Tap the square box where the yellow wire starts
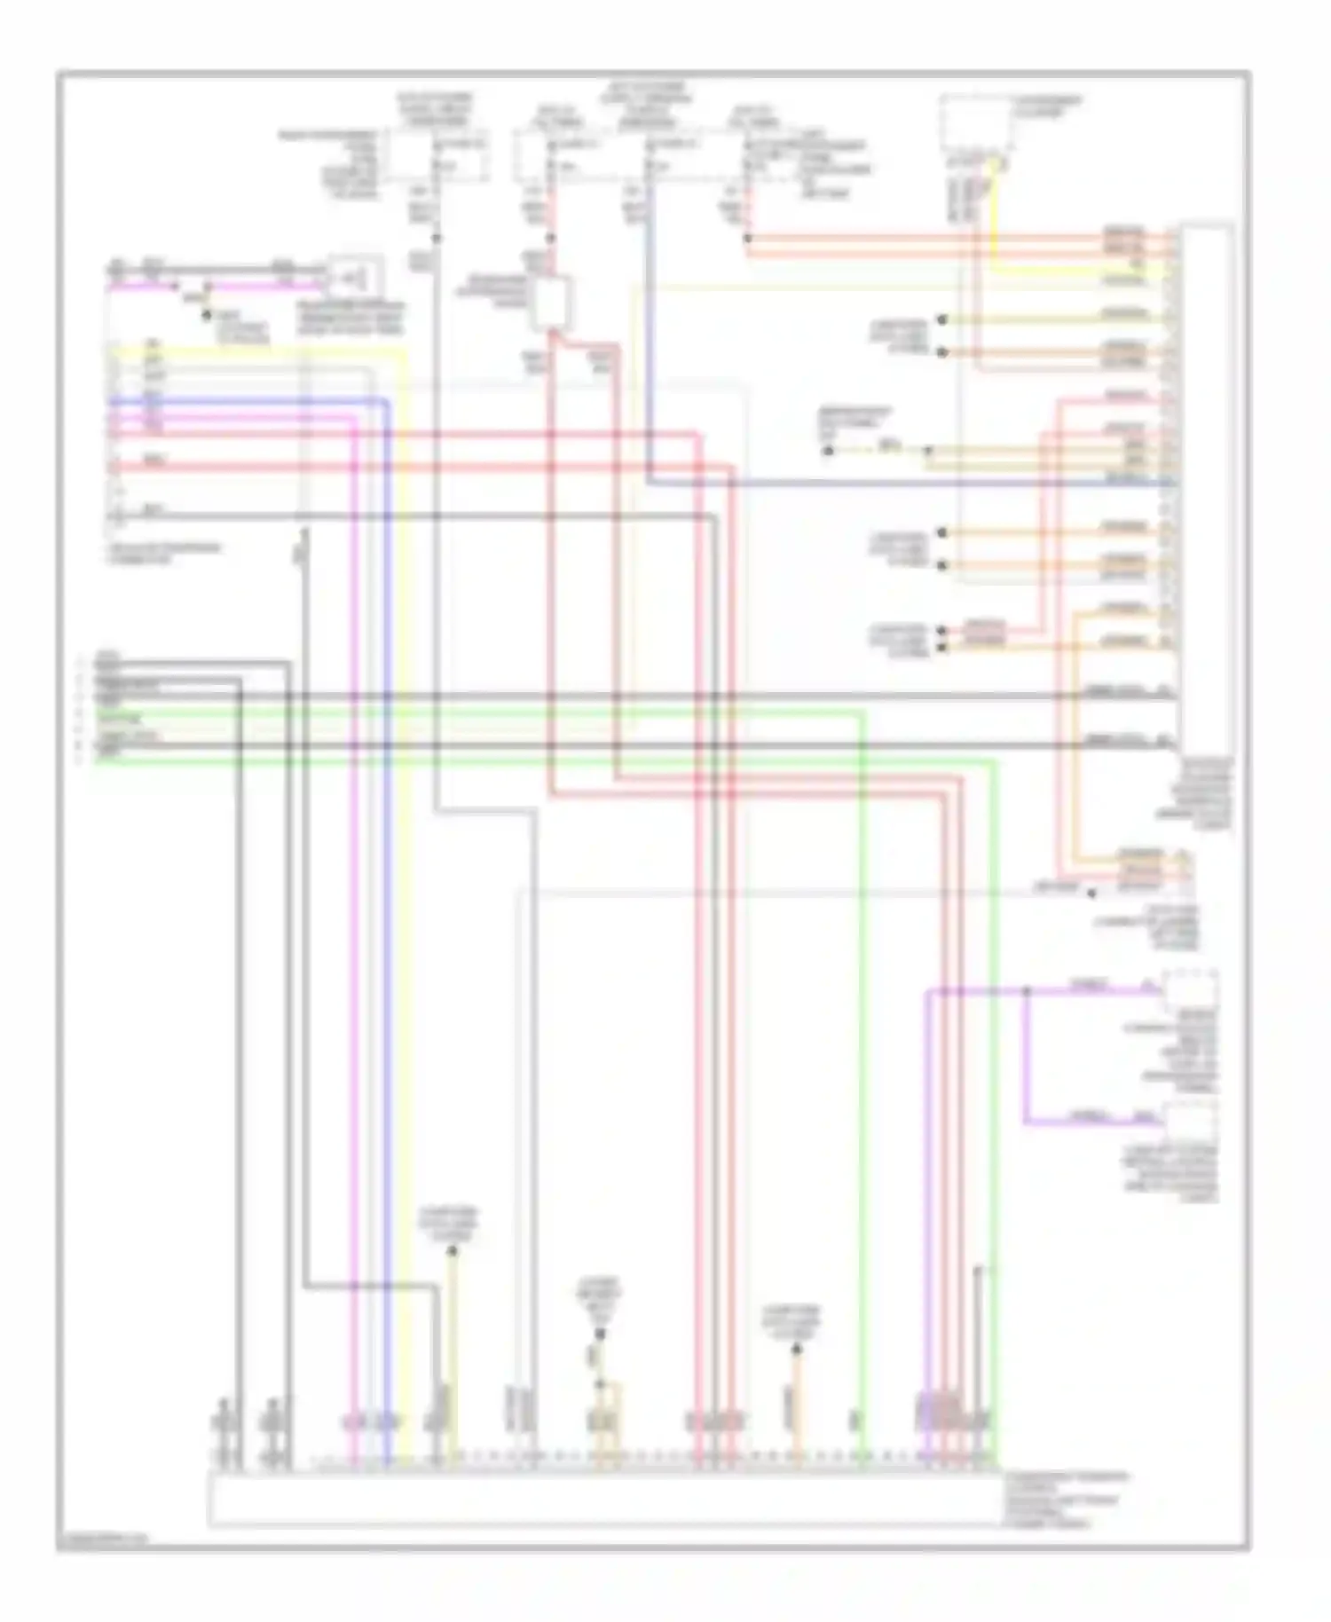pos(976,123)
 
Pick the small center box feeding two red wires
pos(551,303)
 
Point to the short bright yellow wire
pos(994,217)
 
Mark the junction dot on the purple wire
pos(1027,989)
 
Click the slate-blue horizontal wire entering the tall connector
pos(914,484)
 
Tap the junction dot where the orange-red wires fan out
pos(747,238)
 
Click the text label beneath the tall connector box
pos(1206,793)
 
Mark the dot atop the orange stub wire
pos(796,1350)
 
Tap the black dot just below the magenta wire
pos(206,315)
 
